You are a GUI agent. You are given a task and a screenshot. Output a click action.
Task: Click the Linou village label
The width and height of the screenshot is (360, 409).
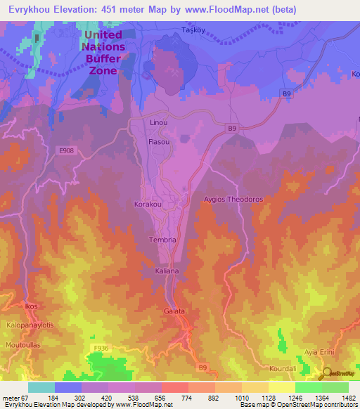[x=160, y=122]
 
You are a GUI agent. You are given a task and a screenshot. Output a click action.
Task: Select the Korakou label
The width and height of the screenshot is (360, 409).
[x=148, y=204]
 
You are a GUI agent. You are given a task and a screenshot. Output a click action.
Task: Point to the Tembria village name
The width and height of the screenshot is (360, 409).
[x=157, y=240]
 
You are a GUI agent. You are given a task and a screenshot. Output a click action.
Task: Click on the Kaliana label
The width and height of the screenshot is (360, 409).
[x=167, y=271]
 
